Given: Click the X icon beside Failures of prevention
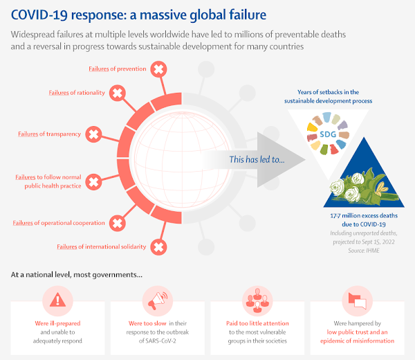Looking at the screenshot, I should (158, 69).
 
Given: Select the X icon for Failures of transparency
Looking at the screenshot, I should (94, 134).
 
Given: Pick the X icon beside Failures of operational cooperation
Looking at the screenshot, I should (118, 223).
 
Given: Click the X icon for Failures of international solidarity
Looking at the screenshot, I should (158, 246).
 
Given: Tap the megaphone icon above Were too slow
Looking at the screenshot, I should (157, 298).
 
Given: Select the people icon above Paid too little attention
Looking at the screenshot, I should (257, 298).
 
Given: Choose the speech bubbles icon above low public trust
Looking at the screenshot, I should (356, 298).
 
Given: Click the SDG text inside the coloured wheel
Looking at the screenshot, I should (328, 133).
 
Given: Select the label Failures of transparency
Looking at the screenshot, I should (49, 134).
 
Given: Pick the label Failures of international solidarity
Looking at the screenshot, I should (101, 246).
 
